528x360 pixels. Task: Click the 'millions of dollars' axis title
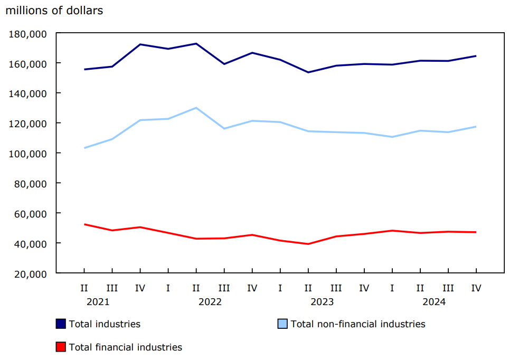point(54,11)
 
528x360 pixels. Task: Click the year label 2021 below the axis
point(98,302)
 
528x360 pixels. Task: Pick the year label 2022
point(210,302)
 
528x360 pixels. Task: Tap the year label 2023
point(322,302)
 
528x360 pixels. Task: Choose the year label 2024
point(433,302)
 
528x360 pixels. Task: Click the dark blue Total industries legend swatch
point(61,324)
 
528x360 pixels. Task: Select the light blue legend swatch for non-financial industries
point(283,324)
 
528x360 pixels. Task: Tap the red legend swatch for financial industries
point(61,347)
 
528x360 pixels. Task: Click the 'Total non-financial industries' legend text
point(357,324)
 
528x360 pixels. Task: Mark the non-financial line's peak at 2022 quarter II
point(196,108)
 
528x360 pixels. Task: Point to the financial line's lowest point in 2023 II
point(308,244)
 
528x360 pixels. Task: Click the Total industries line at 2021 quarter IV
point(140,44)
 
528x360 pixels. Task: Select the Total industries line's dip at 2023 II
point(308,72)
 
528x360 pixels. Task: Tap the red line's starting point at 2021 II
point(84,224)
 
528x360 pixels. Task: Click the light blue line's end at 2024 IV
point(476,127)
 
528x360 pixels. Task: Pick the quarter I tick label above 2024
point(392,288)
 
